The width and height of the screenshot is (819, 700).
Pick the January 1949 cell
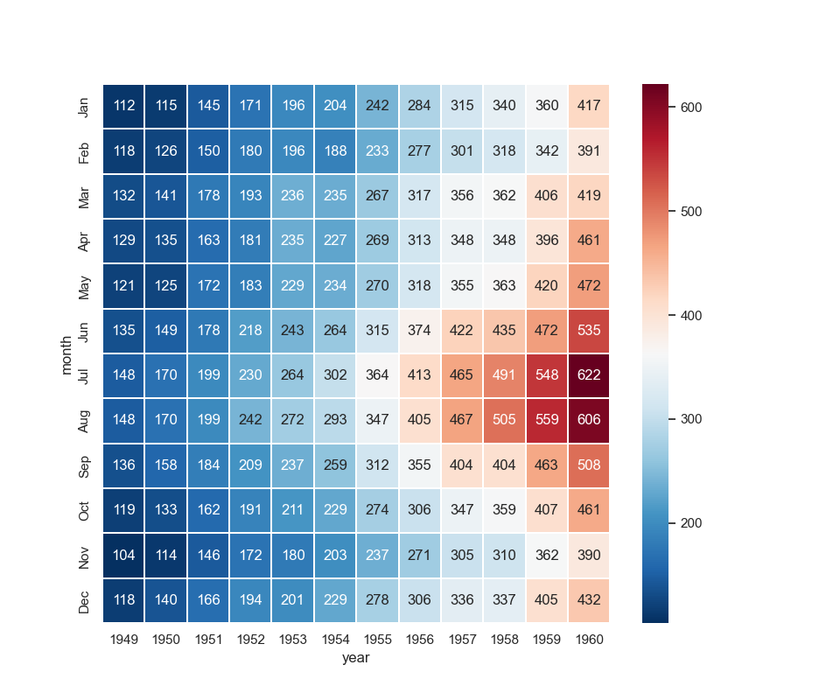[124, 107]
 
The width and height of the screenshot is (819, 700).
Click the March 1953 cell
[293, 196]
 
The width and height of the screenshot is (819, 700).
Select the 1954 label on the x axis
[336, 640]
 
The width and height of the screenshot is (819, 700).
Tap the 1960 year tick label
[590, 640]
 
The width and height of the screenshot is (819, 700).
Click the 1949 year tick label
[124, 640]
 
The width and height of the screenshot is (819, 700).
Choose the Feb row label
[84, 151]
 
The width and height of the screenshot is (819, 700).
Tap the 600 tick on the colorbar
[691, 107]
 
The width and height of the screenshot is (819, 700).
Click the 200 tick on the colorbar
[691, 523]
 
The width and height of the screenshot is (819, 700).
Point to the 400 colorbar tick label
[691, 315]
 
